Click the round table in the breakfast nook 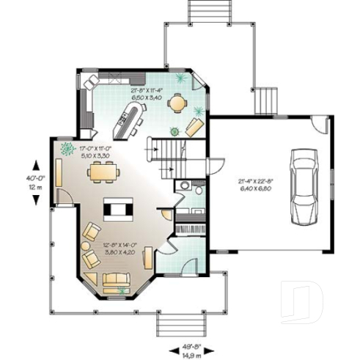(177, 104)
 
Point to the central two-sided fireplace (117, 210)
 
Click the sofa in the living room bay (115, 280)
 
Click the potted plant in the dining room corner (67, 149)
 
